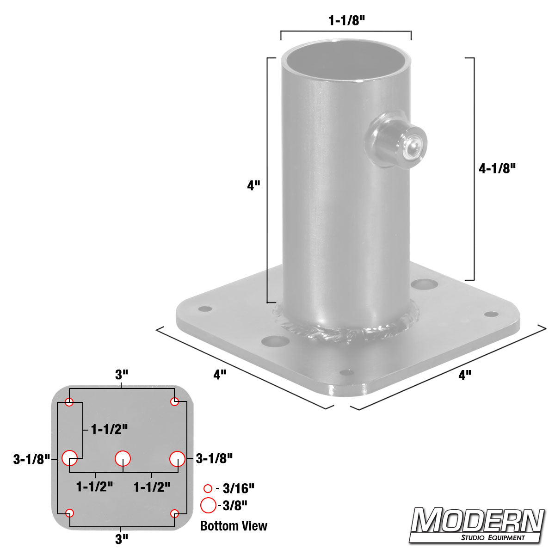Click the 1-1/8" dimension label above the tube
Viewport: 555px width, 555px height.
(345, 21)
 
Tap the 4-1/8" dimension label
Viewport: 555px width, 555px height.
(497, 168)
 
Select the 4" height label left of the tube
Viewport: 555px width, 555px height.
(253, 186)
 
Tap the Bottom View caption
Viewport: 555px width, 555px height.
(234, 526)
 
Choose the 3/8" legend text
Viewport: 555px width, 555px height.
(234, 506)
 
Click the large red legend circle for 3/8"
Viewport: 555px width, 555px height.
(208, 506)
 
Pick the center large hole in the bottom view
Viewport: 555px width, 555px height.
(123, 458)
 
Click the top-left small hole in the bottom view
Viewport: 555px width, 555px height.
(69, 402)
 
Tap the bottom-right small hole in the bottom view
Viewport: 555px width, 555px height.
(174, 513)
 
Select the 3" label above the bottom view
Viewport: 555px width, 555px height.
(121, 375)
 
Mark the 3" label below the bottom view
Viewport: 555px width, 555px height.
(121, 539)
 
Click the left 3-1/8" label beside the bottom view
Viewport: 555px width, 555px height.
(31, 459)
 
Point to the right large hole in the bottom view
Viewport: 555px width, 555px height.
(177, 459)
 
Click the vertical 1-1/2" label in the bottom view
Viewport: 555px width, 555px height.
(109, 429)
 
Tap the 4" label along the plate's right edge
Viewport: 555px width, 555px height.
(464, 375)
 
